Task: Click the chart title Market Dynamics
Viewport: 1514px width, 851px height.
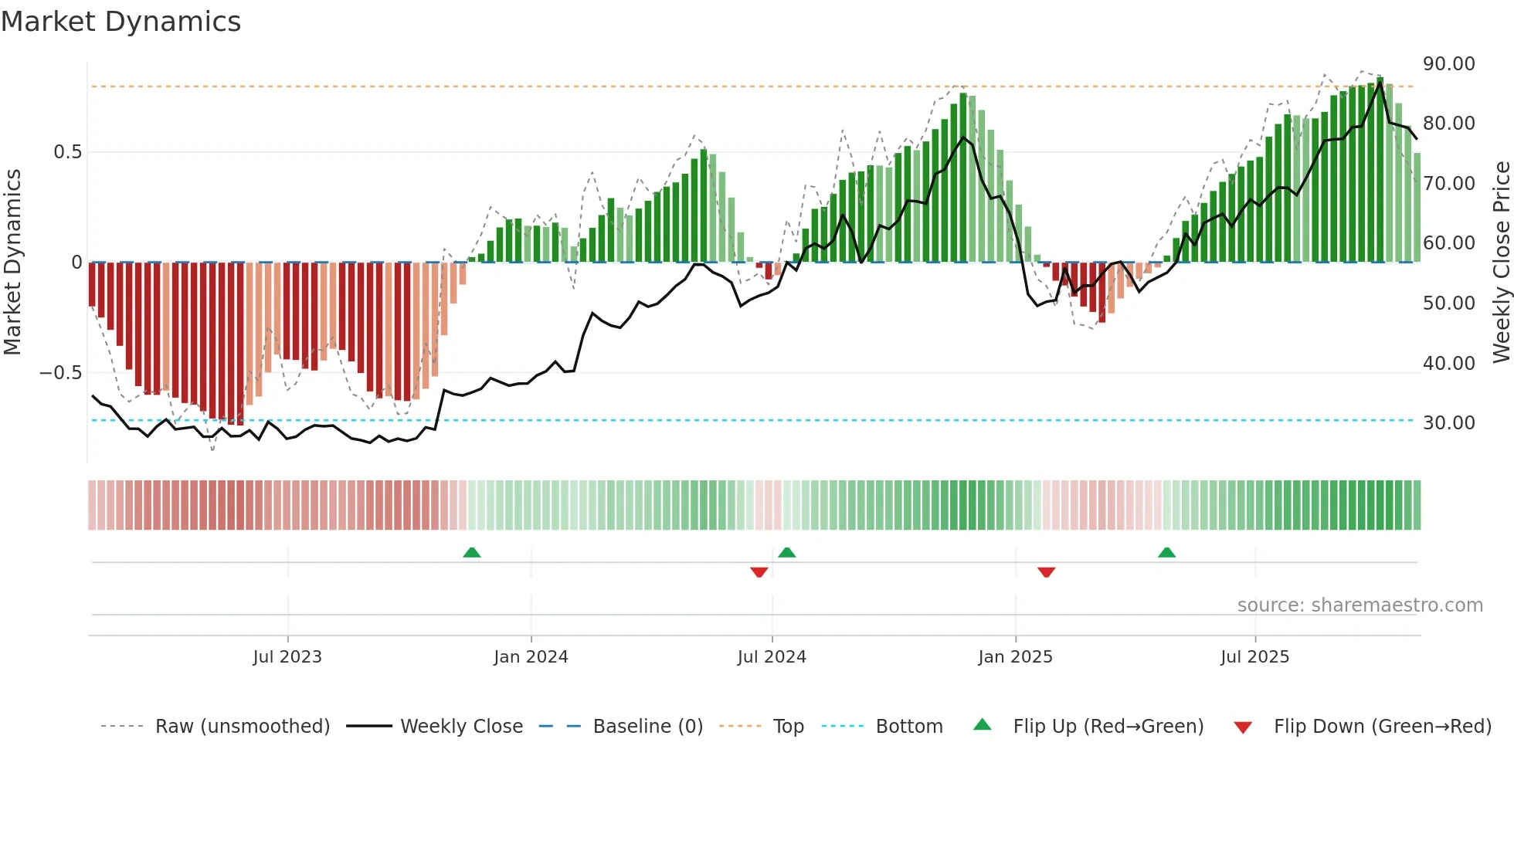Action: [121, 22]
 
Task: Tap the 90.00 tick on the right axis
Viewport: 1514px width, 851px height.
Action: [1448, 64]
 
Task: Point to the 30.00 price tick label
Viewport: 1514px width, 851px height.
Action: [1448, 423]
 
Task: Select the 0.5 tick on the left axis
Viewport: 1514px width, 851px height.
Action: [67, 152]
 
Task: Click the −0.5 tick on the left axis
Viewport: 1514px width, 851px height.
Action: [60, 373]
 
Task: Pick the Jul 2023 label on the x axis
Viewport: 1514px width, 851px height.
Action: [287, 657]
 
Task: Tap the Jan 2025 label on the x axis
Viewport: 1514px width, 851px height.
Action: [1014, 657]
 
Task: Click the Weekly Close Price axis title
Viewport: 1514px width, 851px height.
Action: [1501, 262]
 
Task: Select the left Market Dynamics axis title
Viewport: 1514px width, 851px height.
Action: [12, 262]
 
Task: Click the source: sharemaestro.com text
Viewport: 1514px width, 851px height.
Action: [1360, 605]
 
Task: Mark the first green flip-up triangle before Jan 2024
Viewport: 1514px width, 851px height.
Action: [471, 552]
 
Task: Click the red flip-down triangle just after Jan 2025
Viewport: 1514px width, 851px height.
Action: [1046, 572]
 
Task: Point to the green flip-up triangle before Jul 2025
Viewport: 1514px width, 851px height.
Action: [1166, 552]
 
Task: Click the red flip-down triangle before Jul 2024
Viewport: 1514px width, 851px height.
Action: [759, 572]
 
